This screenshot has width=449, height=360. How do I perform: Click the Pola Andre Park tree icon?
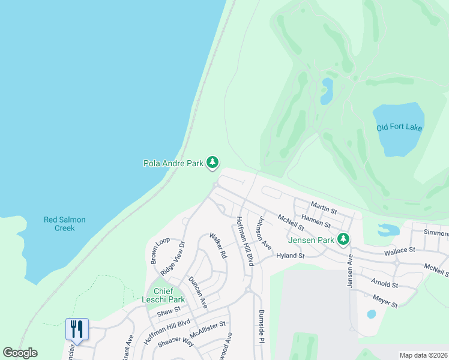[212, 162]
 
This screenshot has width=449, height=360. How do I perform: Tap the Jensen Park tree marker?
[343, 239]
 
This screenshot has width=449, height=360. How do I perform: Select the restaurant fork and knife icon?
[77, 328]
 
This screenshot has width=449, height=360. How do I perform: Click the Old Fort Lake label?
[399, 127]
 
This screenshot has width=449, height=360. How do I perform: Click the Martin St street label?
[324, 208]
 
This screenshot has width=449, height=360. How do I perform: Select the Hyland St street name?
[291, 256]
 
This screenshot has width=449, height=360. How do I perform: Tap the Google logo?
[20, 353]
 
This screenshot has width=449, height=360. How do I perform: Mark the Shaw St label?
[169, 311]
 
